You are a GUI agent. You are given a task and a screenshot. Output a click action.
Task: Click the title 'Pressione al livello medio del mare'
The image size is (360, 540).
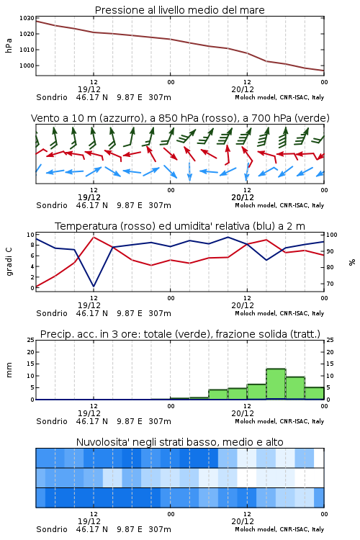(x=179, y=10)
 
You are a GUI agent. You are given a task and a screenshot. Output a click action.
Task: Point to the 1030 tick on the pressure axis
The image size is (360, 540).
(x=27, y=18)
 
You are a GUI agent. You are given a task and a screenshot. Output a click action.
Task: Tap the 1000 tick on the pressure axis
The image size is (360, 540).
(x=27, y=66)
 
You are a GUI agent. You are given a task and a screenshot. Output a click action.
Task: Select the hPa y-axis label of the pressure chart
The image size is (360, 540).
(x=9, y=45)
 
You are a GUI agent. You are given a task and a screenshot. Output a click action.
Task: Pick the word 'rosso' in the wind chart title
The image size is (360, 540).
(x=214, y=118)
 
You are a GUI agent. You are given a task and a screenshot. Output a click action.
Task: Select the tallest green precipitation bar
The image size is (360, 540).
(x=276, y=384)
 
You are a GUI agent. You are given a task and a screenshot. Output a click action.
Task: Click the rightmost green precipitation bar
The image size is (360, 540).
(x=314, y=393)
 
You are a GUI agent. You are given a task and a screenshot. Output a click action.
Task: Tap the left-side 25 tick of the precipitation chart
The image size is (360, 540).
(x=31, y=340)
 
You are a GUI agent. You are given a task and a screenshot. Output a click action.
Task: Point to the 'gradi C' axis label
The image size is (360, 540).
(x=9, y=261)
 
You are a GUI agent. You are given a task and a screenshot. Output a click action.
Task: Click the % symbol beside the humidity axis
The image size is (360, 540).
(x=352, y=262)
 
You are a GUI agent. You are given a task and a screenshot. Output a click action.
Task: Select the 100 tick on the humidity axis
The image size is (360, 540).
(x=332, y=235)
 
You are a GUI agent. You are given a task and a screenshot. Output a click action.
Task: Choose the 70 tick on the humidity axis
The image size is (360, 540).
(x=330, y=284)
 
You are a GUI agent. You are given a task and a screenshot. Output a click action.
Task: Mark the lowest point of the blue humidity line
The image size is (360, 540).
(x=94, y=286)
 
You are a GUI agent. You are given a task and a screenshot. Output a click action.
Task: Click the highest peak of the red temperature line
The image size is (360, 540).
(x=94, y=237)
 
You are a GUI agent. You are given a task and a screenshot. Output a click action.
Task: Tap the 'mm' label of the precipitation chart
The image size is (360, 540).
(x=9, y=370)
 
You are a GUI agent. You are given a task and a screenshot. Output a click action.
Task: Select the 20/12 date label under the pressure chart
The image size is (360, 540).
(x=243, y=89)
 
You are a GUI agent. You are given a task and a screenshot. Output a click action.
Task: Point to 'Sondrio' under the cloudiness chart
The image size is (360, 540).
(x=52, y=529)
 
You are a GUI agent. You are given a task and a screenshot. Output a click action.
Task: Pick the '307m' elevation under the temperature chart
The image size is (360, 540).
(x=160, y=313)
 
